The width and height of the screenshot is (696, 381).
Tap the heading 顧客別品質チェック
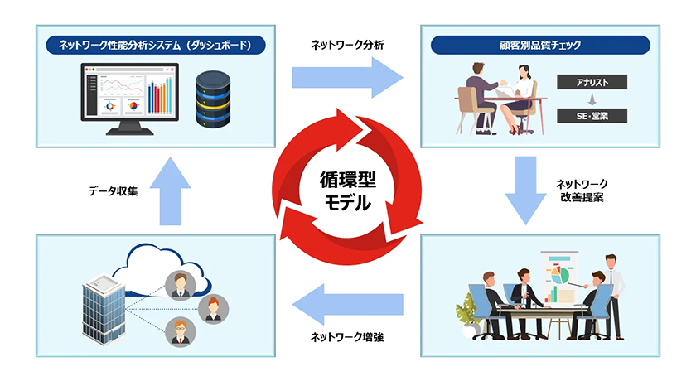(x=541, y=44)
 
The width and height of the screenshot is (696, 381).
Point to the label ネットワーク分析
(x=347, y=44)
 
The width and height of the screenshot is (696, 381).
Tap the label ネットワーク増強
(x=347, y=336)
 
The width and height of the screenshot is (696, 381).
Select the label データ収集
(x=114, y=190)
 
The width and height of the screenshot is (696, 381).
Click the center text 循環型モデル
(x=347, y=190)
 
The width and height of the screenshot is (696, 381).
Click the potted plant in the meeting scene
(x=470, y=312)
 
